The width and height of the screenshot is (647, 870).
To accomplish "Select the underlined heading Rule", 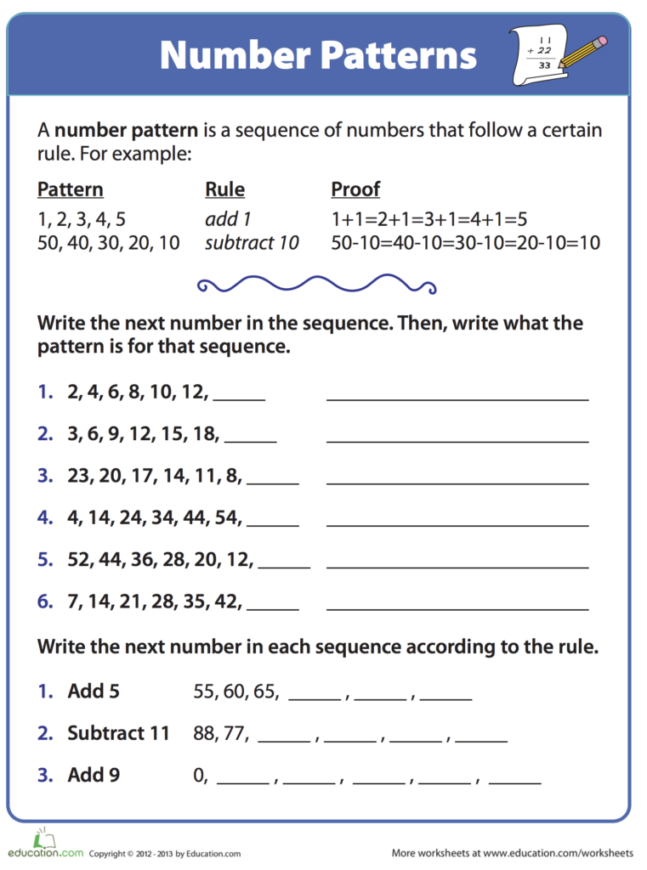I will (224, 189).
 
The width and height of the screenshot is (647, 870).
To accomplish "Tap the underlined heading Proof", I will (355, 189).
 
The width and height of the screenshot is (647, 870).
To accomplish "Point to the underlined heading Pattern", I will (71, 189).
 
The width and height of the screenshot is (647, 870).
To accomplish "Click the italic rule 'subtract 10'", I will (252, 243).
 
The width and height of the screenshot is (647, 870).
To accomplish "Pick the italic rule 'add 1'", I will (228, 219).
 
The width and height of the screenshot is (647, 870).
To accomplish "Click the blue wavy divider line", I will (316, 283).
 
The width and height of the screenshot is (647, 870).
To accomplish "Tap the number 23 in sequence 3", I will (79, 476).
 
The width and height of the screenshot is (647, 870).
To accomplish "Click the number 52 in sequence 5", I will (79, 560).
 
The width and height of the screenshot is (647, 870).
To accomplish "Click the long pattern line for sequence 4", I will (457, 524).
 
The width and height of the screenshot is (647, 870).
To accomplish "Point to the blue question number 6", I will (45, 602).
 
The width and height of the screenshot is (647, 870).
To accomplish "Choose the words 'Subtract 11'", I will (119, 732).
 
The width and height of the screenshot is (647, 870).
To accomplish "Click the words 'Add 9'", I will (94, 775).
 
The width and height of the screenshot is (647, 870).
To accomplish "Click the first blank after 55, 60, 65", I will (315, 698).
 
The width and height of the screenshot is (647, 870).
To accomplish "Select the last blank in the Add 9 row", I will (515, 781).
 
